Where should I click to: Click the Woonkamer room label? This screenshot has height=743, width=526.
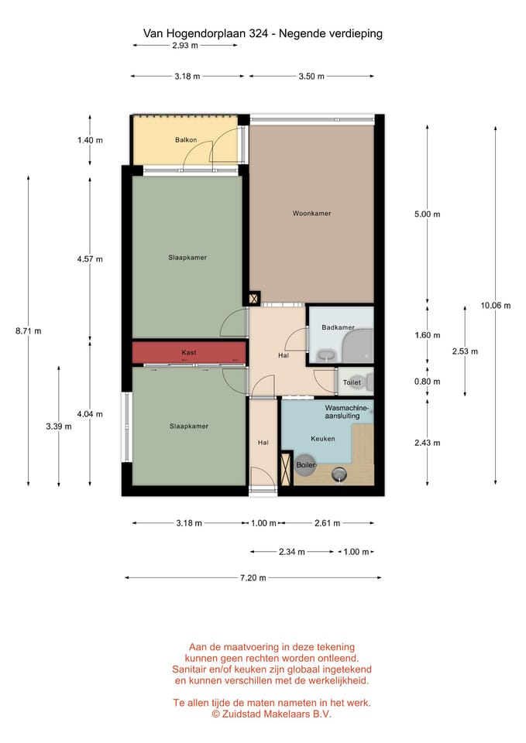tap(311, 214)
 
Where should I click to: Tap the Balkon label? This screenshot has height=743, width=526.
tap(186, 140)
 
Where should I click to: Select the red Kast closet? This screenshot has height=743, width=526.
tap(189, 353)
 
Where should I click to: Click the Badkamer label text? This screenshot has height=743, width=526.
tap(339, 327)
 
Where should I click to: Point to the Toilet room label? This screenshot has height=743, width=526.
tap(352, 382)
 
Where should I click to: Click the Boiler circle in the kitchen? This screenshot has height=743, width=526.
tap(305, 465)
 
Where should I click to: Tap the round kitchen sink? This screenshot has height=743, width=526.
tap(339, 473)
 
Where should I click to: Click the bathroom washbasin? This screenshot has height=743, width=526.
tap(326, 355)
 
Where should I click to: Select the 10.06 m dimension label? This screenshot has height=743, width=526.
tap(496, 306)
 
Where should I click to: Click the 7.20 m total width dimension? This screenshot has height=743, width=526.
tap(253, 577)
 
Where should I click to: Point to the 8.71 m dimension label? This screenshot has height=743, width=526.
tap(29, 331)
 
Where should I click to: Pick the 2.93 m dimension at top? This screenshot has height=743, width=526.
tap(185, 46)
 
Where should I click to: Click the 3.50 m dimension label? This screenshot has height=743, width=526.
tap(311, 77)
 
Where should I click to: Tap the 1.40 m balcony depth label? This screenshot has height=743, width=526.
tap(90, 140)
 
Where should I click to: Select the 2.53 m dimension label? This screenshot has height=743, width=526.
tap(465, 351)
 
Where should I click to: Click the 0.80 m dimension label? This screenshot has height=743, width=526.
tap(428, 382)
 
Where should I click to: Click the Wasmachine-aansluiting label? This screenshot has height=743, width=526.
tap(347, 412)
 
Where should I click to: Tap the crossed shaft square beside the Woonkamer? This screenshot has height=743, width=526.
tap(254, 299)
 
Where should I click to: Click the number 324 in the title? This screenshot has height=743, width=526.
tap(259, 33)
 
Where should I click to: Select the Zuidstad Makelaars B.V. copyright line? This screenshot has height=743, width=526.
tap(271, 714)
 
